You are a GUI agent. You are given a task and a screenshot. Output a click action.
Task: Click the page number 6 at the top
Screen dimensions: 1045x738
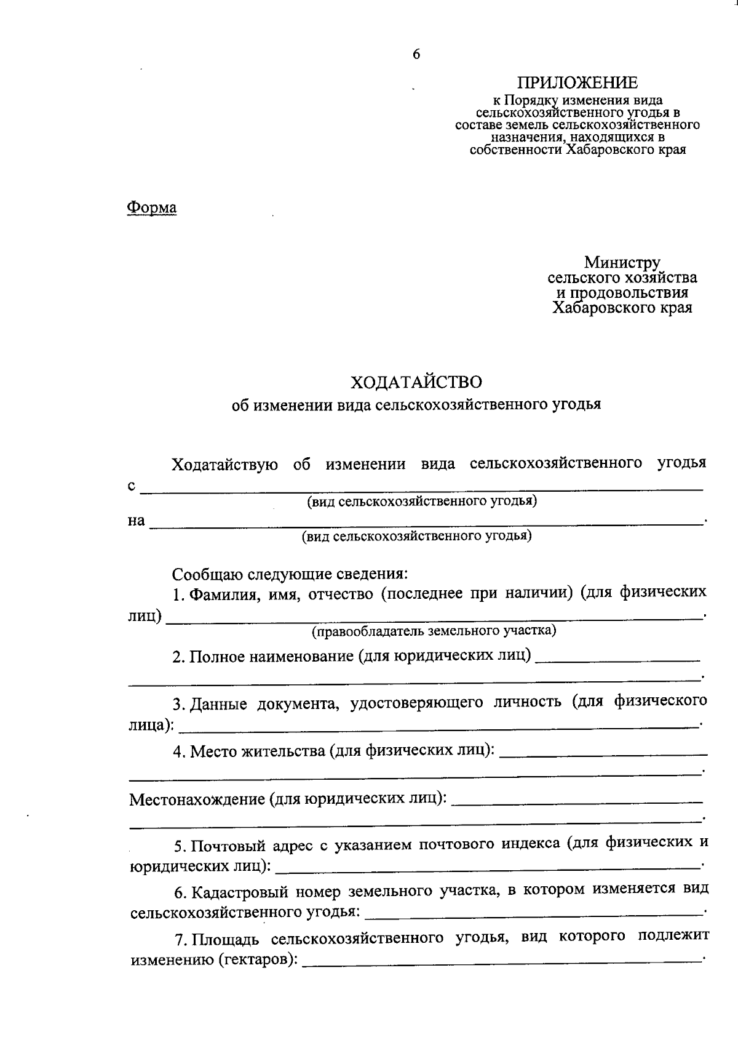tap(416, 55)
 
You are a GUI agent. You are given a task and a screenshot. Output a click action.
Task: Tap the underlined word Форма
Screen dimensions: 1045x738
tap(151, 208)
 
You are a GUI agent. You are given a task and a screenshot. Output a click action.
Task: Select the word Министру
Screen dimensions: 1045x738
tap(622, 263)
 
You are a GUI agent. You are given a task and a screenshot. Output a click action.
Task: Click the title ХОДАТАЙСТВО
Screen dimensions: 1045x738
tap(416, 382)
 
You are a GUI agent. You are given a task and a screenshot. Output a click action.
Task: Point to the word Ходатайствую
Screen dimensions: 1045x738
tap(224, 463)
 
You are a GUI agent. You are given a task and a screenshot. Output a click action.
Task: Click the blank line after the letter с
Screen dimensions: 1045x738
tap(421, 489)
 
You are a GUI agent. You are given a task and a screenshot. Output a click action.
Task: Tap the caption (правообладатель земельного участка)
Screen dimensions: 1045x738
tap(434, 631)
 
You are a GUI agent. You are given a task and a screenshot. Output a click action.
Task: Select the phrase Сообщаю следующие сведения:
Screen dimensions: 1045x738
tap(290, 574)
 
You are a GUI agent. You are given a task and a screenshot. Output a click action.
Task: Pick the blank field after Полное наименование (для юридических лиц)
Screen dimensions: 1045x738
tap(617, 659)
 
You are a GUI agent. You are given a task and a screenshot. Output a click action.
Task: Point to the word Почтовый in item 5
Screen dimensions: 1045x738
tap(229, 846)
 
